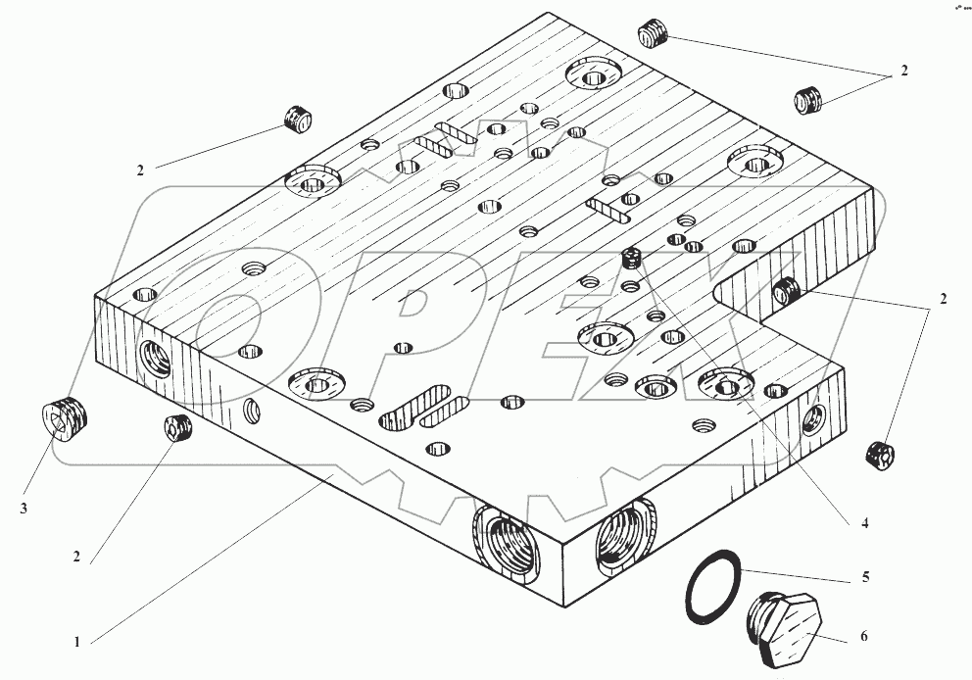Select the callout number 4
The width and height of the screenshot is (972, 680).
pos(865,522)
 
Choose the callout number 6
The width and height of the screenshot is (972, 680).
pos(863,637)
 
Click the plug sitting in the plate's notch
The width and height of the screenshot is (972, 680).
pos(786,291)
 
